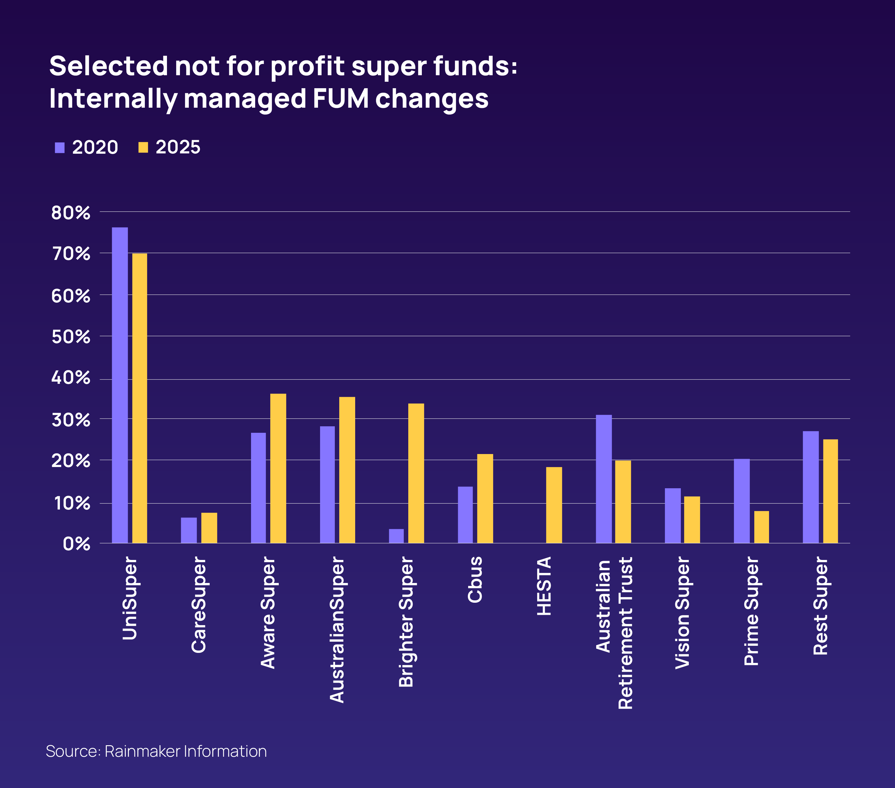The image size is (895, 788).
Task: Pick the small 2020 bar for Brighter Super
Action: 396,536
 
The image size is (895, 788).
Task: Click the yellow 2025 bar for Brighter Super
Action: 416,473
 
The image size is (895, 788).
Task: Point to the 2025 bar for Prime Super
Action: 761,527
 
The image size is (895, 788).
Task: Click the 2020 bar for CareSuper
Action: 189,530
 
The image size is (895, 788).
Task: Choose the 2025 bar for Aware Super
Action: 278,468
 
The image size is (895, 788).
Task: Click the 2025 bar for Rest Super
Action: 830,491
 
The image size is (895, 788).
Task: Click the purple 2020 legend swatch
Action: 60,148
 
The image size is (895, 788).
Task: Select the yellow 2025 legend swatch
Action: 143,148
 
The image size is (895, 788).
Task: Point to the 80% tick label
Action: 71,213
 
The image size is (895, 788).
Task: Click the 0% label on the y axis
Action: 76,544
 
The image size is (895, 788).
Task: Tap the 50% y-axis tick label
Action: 71,337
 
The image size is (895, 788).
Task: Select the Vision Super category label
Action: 682,612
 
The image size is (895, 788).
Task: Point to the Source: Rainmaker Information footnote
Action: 156,751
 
